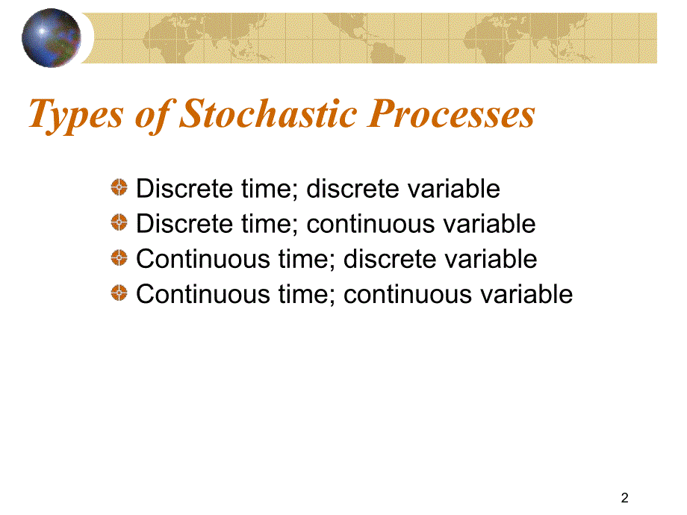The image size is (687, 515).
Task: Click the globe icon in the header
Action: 52,37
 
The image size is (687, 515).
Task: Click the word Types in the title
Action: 76,115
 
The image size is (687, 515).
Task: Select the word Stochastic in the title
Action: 268,113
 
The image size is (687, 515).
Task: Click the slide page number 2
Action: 625,498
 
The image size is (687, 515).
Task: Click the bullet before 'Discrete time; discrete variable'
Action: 119,187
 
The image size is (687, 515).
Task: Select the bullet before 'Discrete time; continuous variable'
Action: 119,222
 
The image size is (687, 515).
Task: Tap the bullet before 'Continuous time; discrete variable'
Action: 119,257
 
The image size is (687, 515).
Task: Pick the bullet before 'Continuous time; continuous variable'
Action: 119,293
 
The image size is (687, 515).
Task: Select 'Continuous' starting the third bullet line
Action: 203,259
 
